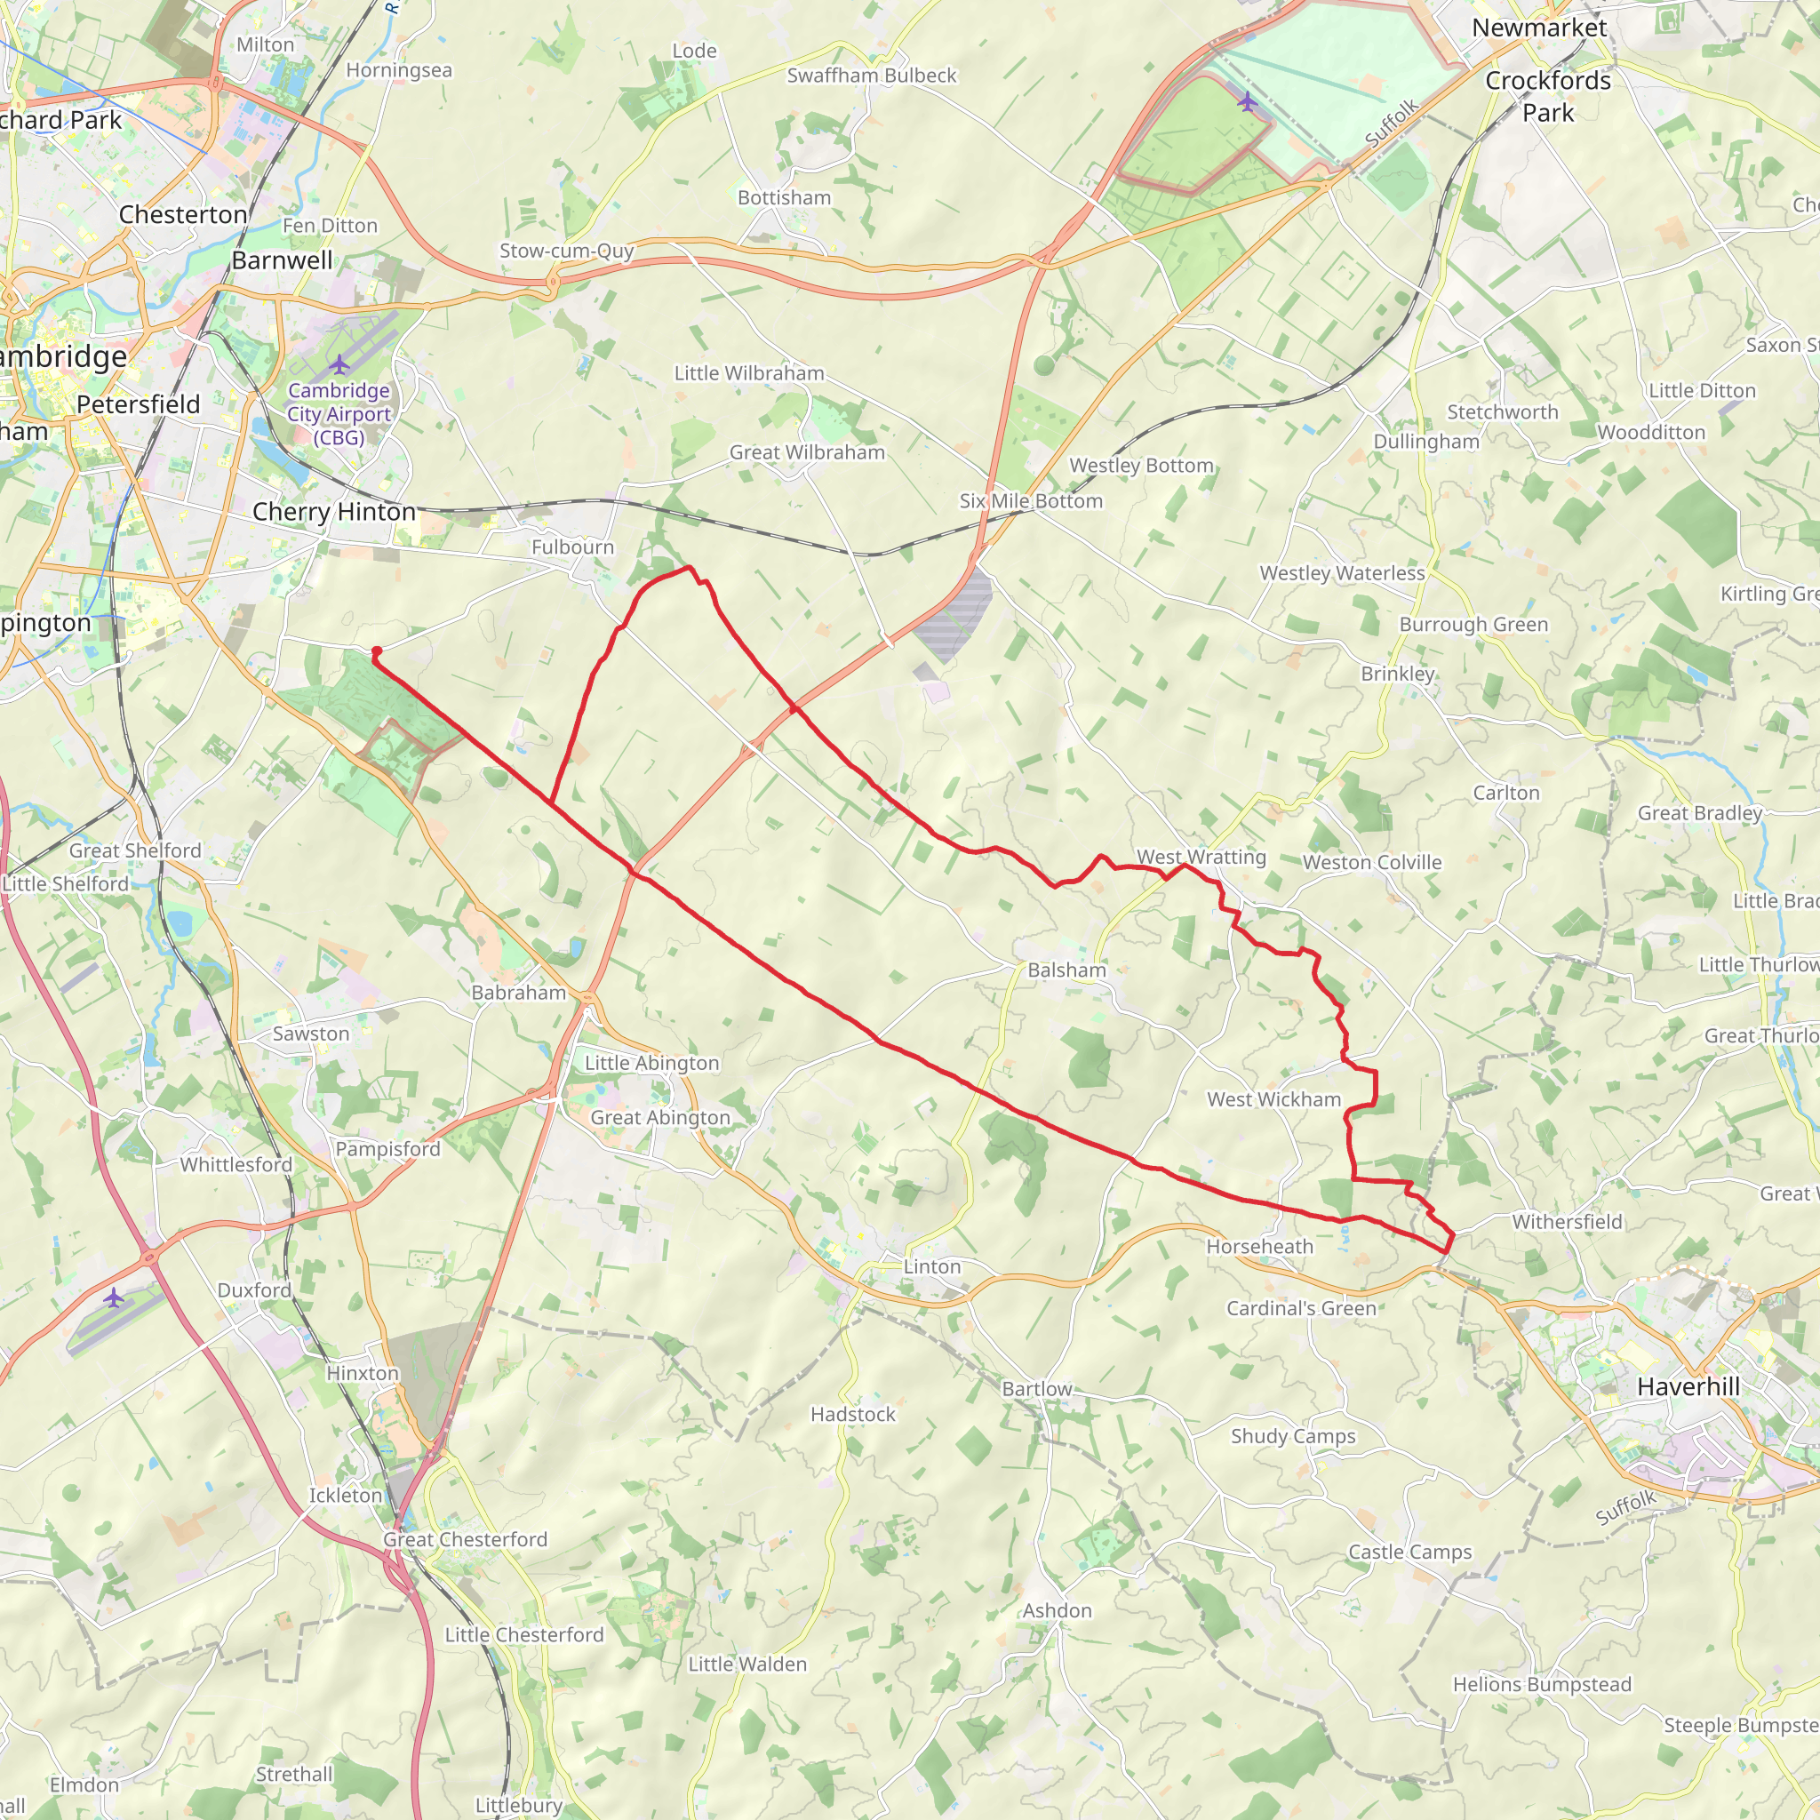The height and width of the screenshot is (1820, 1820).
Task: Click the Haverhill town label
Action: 1688,1386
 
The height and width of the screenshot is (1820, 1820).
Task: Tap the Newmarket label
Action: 1538,28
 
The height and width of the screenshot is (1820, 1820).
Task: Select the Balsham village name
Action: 1066,970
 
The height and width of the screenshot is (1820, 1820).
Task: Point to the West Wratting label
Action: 1201,858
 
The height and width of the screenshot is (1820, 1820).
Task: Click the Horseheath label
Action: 1259,1246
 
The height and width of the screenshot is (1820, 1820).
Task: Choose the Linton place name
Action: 931,1267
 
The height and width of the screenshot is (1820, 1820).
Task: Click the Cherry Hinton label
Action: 333,512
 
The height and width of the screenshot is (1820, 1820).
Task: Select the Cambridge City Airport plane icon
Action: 339,364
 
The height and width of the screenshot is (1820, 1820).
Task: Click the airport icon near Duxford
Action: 114,1298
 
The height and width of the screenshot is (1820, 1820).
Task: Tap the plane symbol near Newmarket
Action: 1247,100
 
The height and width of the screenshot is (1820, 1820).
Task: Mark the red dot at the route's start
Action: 376,651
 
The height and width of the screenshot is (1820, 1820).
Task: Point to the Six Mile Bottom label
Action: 1031,501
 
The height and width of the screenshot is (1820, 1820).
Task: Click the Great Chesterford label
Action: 465,1539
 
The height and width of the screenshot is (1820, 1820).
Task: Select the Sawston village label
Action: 311,1034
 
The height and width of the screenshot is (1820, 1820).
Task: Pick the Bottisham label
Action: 784,198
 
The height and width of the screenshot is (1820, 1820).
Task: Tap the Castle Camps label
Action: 1409,1552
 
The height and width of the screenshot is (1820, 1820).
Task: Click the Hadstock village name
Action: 852,1414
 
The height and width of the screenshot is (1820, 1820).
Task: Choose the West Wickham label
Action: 1273,1099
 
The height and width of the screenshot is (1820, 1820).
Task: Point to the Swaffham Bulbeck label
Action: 872,76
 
